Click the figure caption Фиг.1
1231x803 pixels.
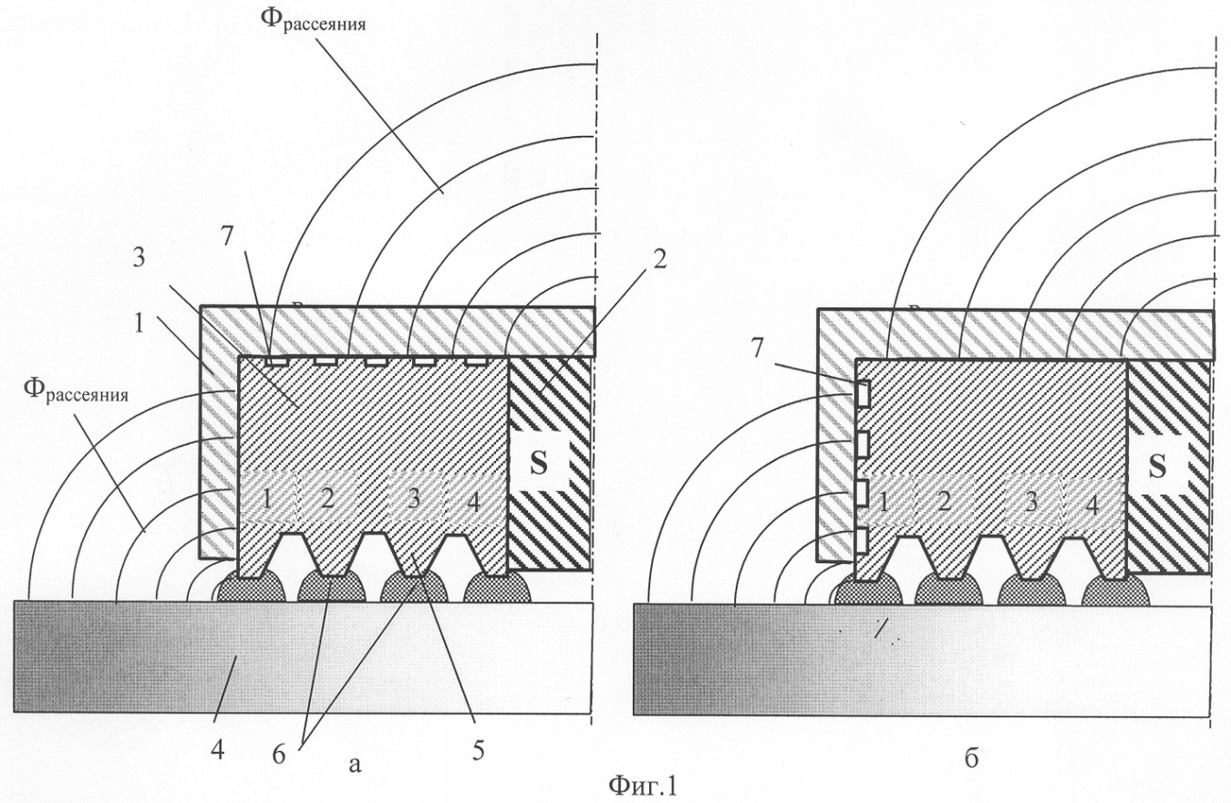(640, 785)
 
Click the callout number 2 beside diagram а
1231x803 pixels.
(659, 257)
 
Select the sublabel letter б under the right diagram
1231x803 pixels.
(971, 758)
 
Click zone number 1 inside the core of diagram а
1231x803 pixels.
(266, 499)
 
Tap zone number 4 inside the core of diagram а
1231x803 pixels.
(474, 501)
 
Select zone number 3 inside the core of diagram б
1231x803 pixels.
(1032, 500)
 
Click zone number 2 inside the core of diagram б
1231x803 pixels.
(944, 500)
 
